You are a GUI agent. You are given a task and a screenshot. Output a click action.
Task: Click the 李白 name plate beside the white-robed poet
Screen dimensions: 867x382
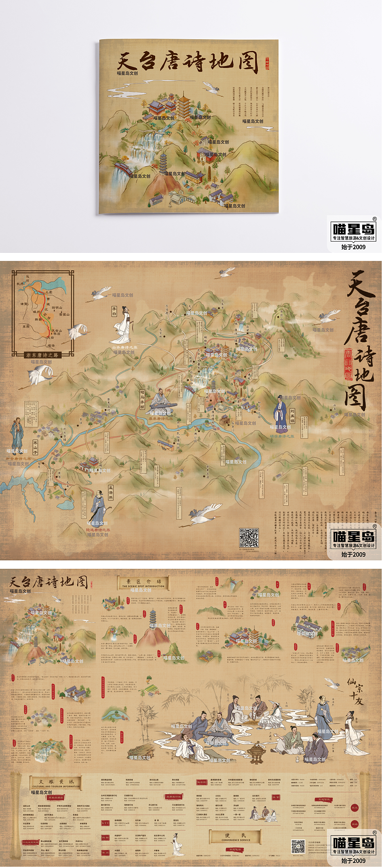coord(114,311)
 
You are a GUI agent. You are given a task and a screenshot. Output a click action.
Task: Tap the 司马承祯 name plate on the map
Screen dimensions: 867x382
coord(142,399)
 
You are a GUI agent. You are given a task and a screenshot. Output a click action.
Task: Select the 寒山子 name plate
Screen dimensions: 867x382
coord(35,448)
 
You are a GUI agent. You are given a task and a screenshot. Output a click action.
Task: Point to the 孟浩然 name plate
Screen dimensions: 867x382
coord(110,492)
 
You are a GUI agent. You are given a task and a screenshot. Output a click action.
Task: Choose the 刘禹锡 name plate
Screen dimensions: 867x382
coord(292,415)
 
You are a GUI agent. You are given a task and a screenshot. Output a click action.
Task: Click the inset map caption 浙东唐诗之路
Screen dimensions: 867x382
coord(42,355)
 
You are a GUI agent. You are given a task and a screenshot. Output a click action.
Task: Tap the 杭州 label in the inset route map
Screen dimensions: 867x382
coord(20,284)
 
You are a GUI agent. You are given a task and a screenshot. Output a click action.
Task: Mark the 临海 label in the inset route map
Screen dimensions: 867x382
coord(51,346)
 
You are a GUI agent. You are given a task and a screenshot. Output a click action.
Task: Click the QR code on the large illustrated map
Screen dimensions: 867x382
coord(249,538)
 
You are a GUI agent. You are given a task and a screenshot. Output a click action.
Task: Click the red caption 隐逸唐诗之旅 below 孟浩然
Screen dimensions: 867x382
coord(98,529)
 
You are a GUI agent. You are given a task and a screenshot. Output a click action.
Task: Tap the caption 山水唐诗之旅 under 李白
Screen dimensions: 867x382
coord(125,347)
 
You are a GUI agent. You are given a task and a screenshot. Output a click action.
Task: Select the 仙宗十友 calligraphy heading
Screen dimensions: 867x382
coord(355,691)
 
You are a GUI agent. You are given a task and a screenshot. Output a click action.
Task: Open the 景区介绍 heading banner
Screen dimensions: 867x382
coord(144,583)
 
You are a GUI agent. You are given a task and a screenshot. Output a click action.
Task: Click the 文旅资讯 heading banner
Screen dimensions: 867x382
coord(56,782)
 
